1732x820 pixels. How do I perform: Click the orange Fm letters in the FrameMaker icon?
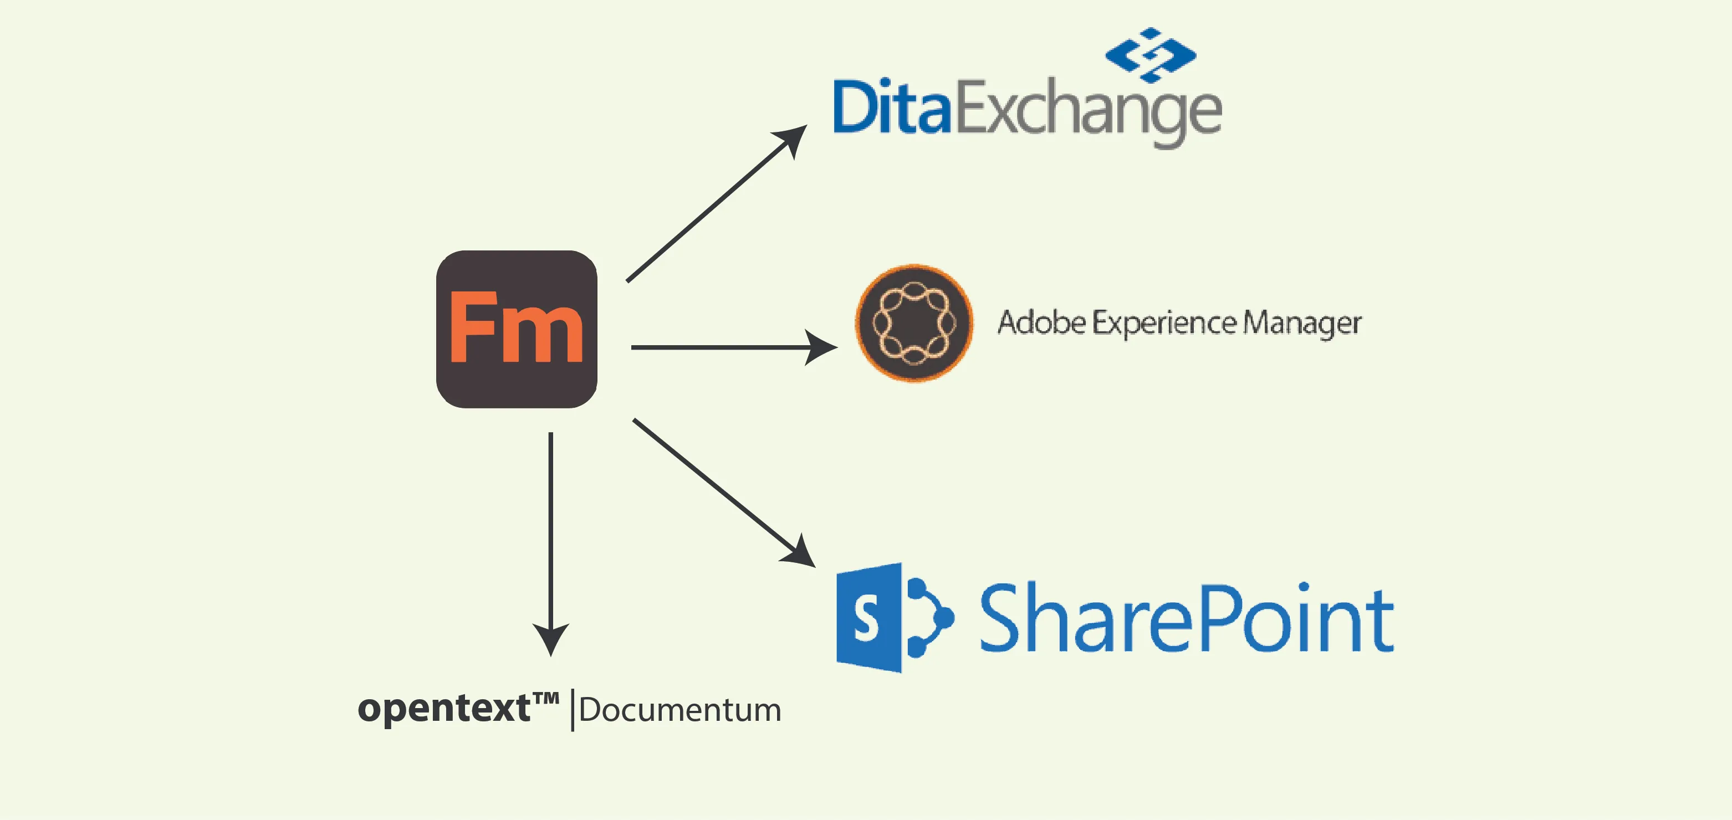(515, 329)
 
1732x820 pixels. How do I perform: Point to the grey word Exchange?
(1088, 111)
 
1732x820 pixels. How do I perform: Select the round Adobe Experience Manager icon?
(914, 324)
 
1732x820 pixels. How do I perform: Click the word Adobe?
(1041, 322)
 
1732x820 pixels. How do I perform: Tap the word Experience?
(1164, 324)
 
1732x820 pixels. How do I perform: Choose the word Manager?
(1302, 324)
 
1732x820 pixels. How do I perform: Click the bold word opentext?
(444, 709)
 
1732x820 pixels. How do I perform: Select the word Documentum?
(679, 710)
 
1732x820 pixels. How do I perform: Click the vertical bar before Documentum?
(572, 710)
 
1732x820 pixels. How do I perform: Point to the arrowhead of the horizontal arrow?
(821, 347)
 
